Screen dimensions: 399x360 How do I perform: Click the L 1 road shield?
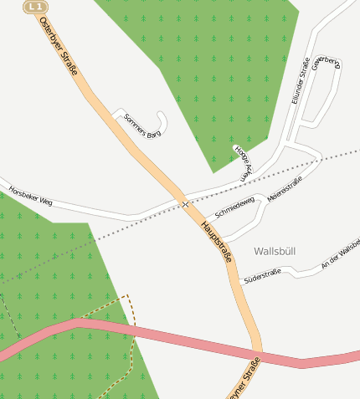(34, 7)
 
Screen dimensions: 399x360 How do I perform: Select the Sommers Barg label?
(141, 125)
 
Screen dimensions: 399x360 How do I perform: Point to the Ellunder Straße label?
(301, 80)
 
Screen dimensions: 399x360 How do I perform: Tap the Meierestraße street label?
(285, 187)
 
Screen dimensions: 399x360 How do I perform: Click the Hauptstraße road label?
(216, 242)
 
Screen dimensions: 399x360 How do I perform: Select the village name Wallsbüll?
(275, 251)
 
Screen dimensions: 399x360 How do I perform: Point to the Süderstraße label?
(262, 275)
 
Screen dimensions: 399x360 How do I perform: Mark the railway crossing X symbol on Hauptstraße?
(184, 204)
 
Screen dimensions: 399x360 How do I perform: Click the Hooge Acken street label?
(242, 162)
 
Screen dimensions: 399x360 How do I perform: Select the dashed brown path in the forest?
(131, 335)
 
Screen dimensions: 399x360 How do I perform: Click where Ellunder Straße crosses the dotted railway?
(285, 161)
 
